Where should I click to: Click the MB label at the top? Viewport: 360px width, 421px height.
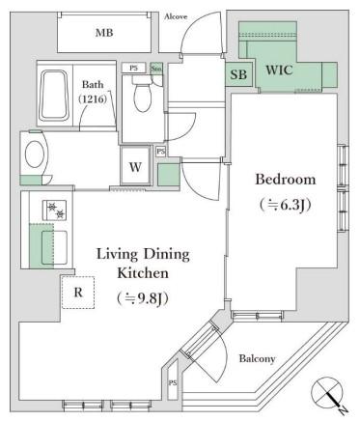coord(102,34)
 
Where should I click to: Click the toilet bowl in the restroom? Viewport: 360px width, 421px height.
coord(143,95)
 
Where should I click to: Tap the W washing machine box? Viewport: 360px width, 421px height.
coord(135,164)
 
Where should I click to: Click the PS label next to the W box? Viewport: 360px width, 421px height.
coord(161,152)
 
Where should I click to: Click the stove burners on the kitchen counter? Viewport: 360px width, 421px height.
coord(49,211)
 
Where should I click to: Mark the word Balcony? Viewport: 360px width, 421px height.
coord(258,358)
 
